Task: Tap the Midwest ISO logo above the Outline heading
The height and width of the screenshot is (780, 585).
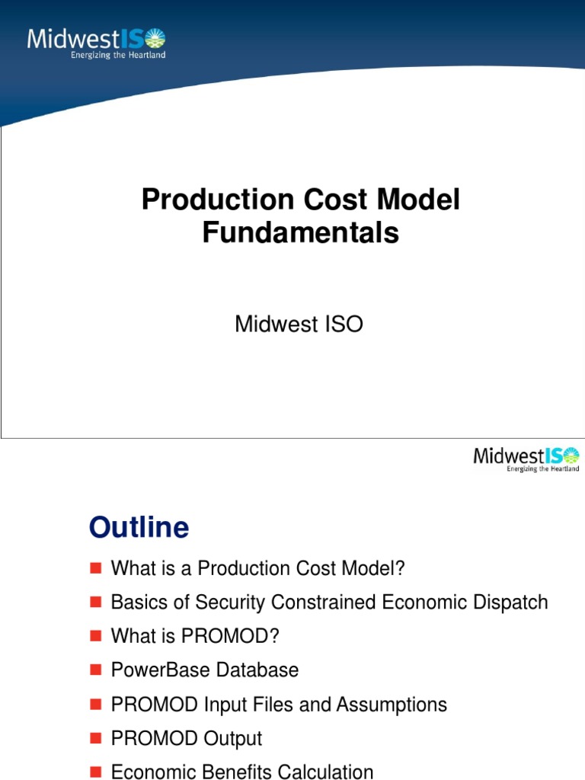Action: click(526, 459)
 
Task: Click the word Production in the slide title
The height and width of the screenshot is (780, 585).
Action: click(206, 200)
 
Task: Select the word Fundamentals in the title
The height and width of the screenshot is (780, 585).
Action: click(300, 233)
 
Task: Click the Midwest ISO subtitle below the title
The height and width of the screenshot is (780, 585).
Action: click(299, 324)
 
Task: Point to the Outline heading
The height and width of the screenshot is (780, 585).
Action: click(139, 527)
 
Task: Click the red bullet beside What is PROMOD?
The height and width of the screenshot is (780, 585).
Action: click(95, 636)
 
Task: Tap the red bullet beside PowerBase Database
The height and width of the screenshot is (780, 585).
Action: click(95, 670)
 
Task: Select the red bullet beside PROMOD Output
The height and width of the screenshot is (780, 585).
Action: click(95, 738)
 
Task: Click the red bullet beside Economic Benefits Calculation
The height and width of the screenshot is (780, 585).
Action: click(95, 772)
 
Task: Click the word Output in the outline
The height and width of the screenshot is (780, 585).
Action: click(232, 738)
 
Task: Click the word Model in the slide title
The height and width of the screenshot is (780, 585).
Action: click(425, 200)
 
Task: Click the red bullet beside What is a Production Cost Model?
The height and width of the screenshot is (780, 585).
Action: click(95, 568)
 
